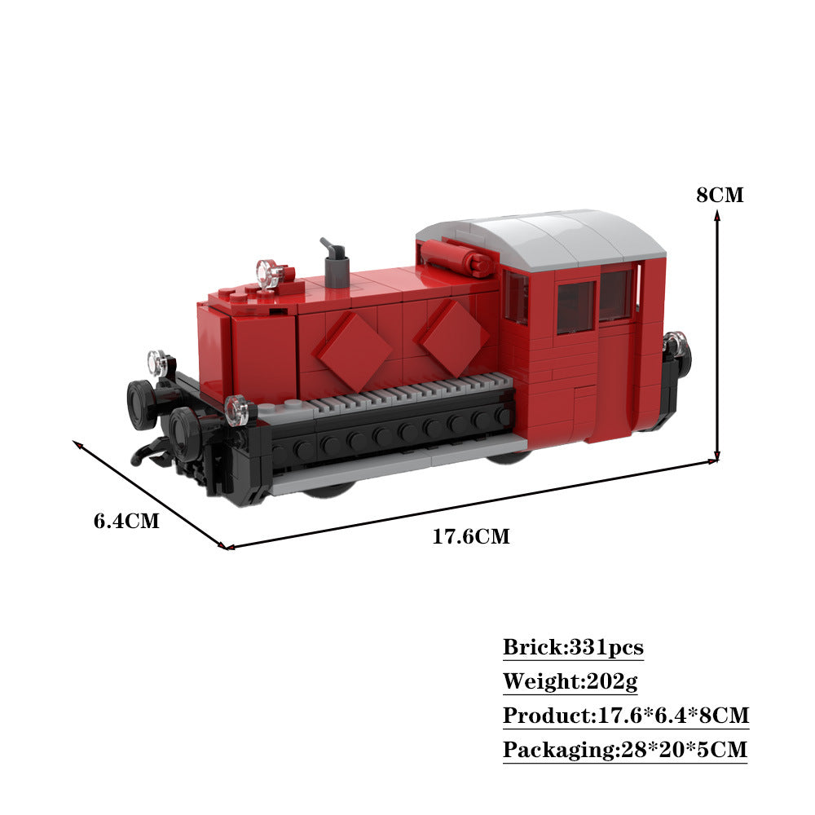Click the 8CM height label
[720, 195]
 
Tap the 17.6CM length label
[470, 536]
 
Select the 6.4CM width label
[126, 520]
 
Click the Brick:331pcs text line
[573, 648]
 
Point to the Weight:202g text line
[563, 681]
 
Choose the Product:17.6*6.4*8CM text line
[625, 716]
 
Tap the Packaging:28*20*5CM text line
[624, 750]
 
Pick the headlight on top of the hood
[269, 273]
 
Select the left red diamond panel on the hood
[354, 350]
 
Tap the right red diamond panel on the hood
[456, 337]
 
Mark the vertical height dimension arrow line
[717, 334]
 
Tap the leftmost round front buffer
[142, 403]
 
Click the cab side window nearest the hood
[515, 297]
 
